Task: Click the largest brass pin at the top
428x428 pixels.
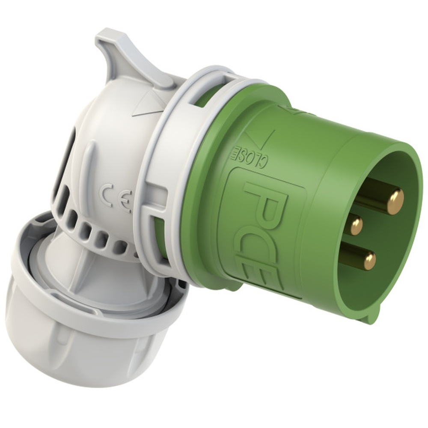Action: point(394,201)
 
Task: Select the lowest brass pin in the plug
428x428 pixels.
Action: point(369,260)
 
